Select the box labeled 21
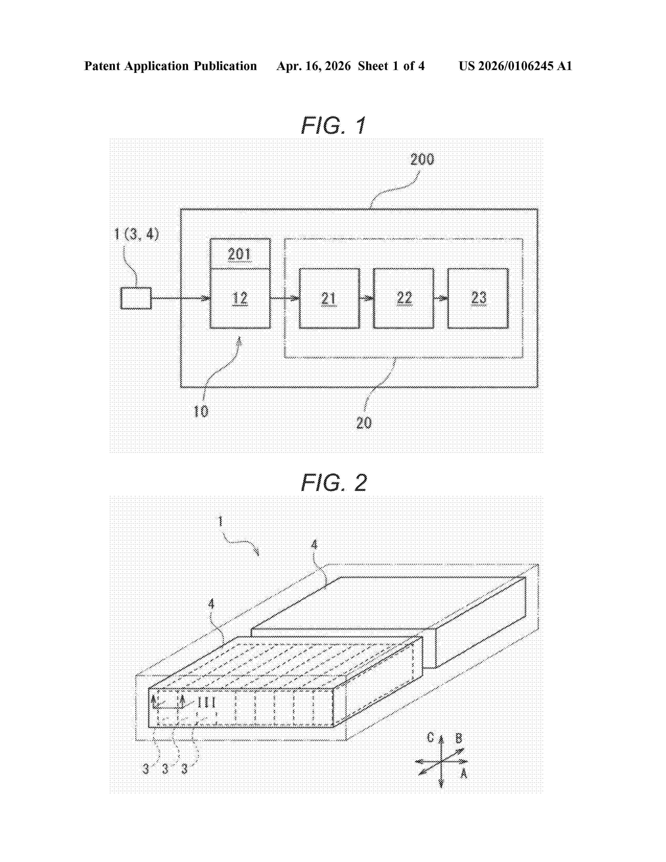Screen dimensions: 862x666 329,298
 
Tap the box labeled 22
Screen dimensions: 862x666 403,298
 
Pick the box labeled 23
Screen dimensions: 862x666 478,298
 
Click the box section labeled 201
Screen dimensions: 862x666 239,254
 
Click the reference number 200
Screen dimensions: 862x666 422,159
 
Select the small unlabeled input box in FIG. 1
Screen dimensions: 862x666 136,298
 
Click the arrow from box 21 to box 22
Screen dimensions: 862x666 366,298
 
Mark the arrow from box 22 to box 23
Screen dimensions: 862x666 441,298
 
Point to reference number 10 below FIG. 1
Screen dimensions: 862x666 201,412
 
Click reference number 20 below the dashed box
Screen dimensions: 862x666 363,423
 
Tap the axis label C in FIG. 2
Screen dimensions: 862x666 430,737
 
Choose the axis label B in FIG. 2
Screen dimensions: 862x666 458,738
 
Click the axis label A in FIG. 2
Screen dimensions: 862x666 464,774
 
